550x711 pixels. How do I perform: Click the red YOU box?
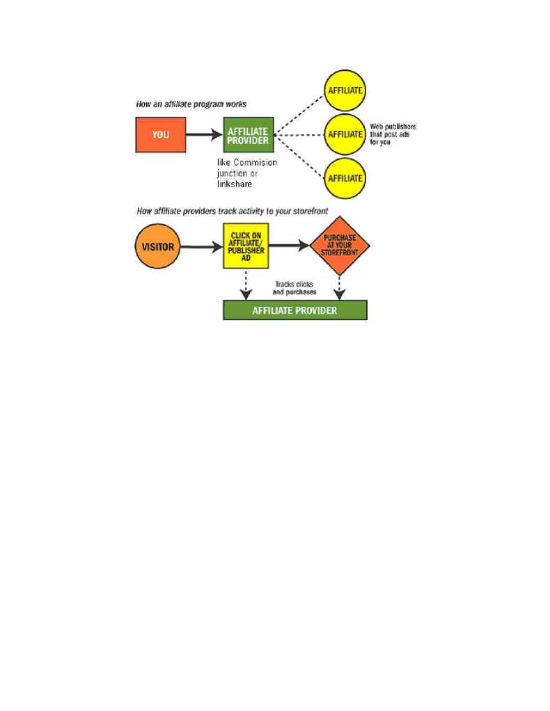coord(161,135)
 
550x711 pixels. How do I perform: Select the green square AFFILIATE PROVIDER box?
coord(249,135)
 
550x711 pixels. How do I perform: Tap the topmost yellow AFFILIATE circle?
coord(345,90)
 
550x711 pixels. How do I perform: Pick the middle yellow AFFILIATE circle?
coord(345,134)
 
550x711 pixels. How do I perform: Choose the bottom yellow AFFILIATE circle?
coord(345,178)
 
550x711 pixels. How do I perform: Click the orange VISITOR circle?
coord(158,246)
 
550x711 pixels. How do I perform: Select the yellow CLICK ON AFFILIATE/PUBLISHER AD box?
coord(246,246)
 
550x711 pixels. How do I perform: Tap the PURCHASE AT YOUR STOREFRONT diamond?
coord(340,246)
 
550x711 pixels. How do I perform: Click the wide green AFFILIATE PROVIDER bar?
coord(295,310)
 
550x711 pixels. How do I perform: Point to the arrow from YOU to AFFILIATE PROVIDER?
coord(204,135)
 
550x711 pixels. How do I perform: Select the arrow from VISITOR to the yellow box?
coord(201,247)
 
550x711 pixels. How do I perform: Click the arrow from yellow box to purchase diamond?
coord(289,246)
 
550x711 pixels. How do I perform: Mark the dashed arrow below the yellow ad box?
coord(246,285)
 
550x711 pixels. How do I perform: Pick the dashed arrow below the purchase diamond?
coord(340,287)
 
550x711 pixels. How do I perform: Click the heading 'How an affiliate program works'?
coord(191,104)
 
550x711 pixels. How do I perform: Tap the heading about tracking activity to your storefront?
coord(233,211)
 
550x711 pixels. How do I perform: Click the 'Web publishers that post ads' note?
coord(393,134)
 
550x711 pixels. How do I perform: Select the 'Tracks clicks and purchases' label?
coord(294,288)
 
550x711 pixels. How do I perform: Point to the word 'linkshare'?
coord(234,184)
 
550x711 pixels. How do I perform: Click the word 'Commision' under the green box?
coord(255,162)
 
